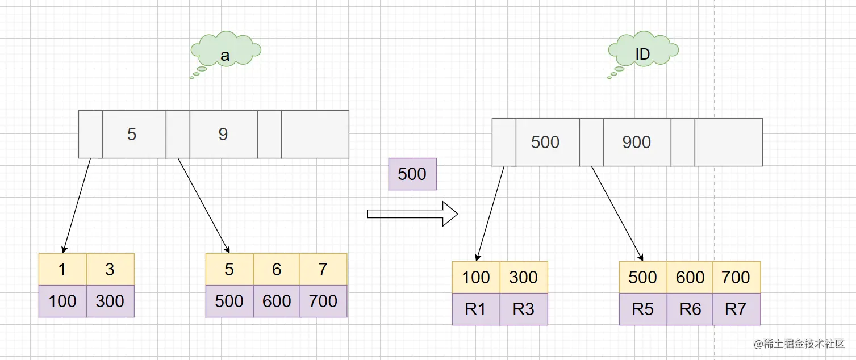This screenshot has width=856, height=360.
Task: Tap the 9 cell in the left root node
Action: (223, 135)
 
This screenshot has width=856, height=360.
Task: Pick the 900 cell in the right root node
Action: (637, 142)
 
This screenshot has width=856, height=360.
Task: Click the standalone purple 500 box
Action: (412, 174)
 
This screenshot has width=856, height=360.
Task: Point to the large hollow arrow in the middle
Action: (412, 214)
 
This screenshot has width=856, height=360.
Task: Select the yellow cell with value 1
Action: (62, 269)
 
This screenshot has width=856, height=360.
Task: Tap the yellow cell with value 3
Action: (110, 269)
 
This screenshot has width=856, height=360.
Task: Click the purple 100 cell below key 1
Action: (62, 301)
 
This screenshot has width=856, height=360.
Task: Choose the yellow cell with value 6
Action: (276, 269)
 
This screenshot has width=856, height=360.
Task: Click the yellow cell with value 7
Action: (323, 269)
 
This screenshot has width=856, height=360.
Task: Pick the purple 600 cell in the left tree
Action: (276, 301)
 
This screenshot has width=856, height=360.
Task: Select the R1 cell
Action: (476, 309)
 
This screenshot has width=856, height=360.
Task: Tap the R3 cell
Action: (524, 309)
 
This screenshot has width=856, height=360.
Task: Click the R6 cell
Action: (690, 309)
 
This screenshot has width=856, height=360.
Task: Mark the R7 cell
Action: (736, 309)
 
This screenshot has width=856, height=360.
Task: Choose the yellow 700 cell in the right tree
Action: (736, 277)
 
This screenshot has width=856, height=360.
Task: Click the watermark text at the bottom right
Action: (799, 344)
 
